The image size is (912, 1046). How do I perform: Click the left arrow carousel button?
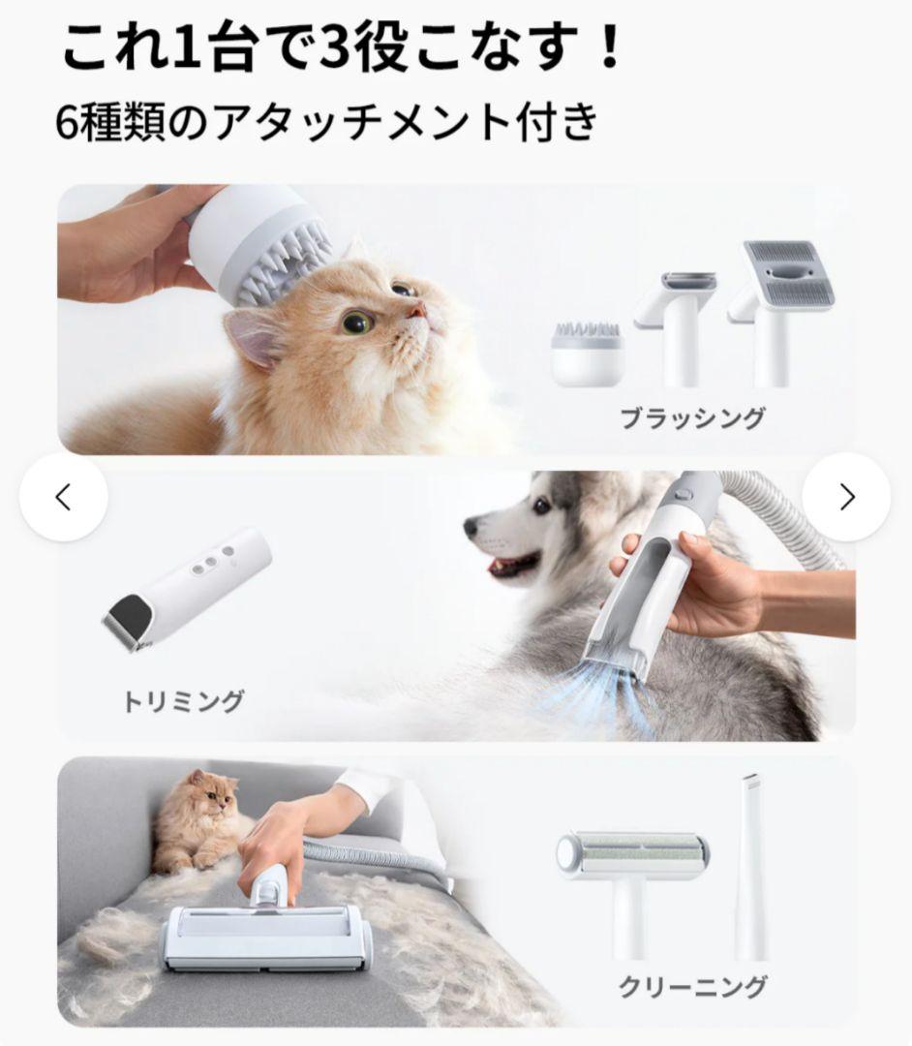[x=64, y=498]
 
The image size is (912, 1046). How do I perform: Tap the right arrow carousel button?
[x=847, y=498]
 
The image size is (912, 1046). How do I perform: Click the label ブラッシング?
[x=692, y=419]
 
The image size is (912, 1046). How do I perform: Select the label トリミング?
[x=183, y=699]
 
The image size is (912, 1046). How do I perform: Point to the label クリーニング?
[x=692, y=986]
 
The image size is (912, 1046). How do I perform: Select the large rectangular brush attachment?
[x=779, y=291]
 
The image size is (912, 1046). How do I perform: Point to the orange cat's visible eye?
[x=357, y=322]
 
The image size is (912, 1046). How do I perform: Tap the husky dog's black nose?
[x=471, y=528]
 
